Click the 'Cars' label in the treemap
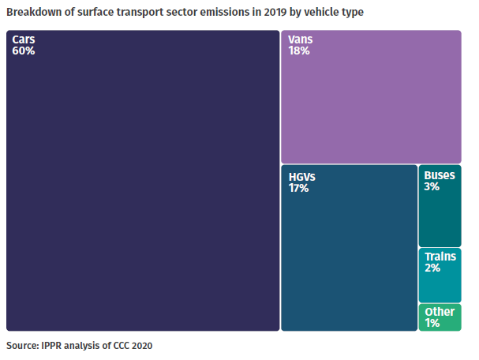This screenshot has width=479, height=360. (x=24, y=39)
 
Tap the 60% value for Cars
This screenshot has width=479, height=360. (x=24, y=51)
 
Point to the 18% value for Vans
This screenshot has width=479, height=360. (x=299, y=51)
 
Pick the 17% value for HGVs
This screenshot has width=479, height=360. (x=299, y=188)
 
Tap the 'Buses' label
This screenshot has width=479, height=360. (x=439, y=175)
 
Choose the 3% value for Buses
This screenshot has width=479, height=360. (x=432, y=187)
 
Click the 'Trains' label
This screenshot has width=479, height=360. (x=440, y=257)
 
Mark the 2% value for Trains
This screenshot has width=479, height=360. (x=432, y=268)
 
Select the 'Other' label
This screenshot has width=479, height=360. (x=440, y=311)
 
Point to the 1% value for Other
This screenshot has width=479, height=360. (x=432, y=322)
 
